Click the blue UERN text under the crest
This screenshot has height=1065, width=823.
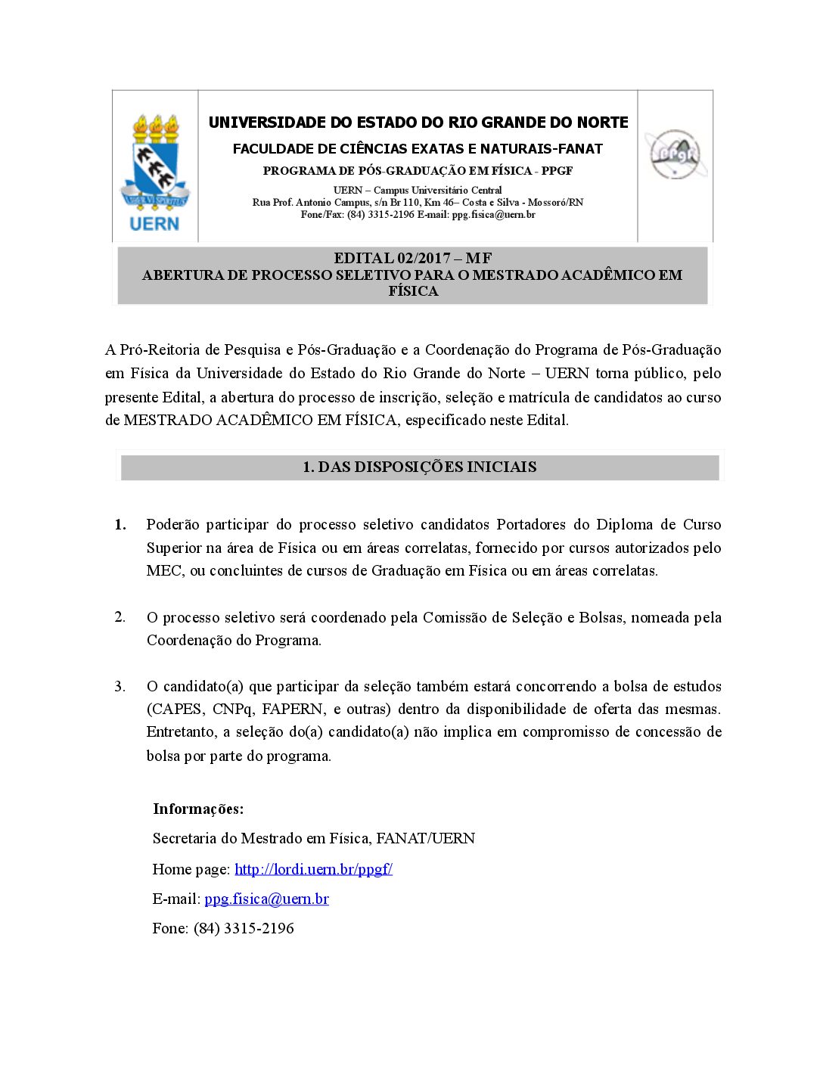[x=155, y=223]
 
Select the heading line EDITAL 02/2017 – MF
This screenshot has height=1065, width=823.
[x=413, y=258]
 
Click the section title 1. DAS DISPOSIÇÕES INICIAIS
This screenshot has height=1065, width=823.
[x=420, y=467]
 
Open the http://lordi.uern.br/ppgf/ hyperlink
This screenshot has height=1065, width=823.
[x=313, y=869]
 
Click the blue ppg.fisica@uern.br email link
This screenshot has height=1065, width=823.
[x=266, y=899]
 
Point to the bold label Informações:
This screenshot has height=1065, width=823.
[x=198, y=809]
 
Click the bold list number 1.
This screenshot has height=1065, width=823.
[x=120, y=524]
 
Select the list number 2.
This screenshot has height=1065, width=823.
[x=120, y=616]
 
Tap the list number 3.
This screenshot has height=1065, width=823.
[x=120, y=686]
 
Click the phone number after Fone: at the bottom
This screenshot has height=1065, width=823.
[x=244, y=928]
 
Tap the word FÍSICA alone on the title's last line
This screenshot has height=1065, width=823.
[x=413, y=291]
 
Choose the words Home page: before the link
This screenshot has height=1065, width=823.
[x=191, y=869]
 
